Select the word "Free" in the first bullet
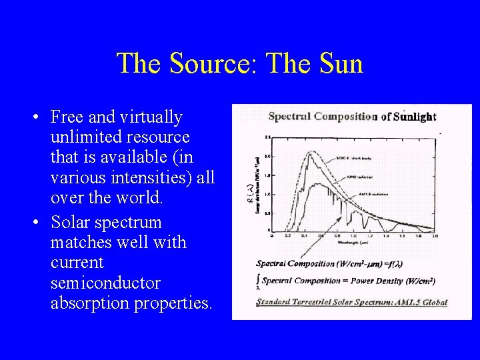67,117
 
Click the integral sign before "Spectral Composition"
258,281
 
